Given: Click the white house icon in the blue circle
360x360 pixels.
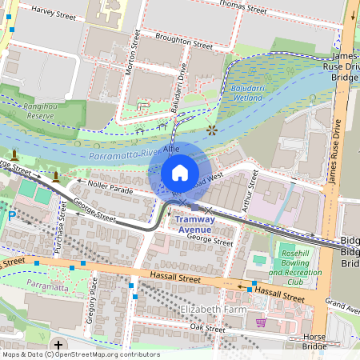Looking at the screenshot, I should pyautogui.click(x=180, y=172).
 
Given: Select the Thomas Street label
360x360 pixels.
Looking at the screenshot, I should pyautogui.click(x=243, y=9).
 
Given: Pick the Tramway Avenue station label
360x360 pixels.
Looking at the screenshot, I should pyautogui.click(x=194, y=224).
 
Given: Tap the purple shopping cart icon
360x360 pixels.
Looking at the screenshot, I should pyautogui.click(x=261, y=322).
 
